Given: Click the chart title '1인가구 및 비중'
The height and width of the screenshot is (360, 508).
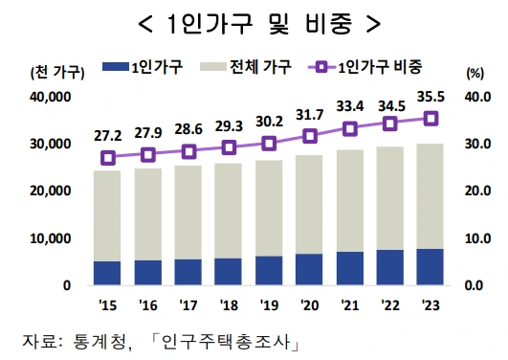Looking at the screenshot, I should pos(254,21).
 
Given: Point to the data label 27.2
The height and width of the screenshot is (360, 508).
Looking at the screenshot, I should pos(107,135).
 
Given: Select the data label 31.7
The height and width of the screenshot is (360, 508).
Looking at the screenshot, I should pos(310,115).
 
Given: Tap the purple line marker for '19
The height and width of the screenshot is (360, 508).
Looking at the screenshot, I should pos(269,143).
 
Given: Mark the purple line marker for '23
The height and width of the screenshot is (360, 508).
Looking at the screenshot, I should pos(431,118).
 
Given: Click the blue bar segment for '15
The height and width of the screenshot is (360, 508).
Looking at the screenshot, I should pos(107,273).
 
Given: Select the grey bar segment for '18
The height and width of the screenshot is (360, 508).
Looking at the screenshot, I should pos(229,211).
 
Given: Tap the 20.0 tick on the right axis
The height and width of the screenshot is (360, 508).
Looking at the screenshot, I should pos(476,191).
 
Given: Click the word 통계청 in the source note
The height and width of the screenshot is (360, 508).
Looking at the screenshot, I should pos(103,341).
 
